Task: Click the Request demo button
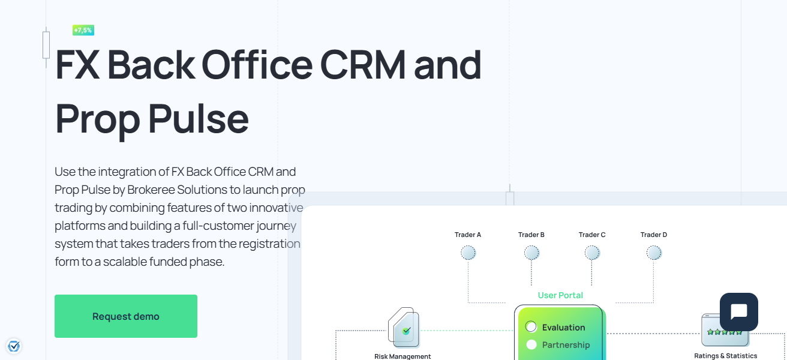coord(126,316)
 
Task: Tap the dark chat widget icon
coord(738,312)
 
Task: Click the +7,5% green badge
coord(83,30)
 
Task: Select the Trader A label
coord(468,235)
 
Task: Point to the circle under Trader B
coord(531,253)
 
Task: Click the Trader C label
coord(592,235)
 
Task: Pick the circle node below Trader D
coord(654,253)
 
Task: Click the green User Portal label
coord(560,295)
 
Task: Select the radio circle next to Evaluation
coord(531,327)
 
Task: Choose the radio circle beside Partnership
coord(531,344)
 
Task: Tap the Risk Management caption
coord(402,356)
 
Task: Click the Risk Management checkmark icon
coord(406,330)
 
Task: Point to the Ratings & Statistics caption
coord(725,356)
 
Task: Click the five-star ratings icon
coord(725,331)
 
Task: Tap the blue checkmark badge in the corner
coord(14,346)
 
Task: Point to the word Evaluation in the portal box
coord(563,328)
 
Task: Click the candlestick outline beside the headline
coord(46,45)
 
